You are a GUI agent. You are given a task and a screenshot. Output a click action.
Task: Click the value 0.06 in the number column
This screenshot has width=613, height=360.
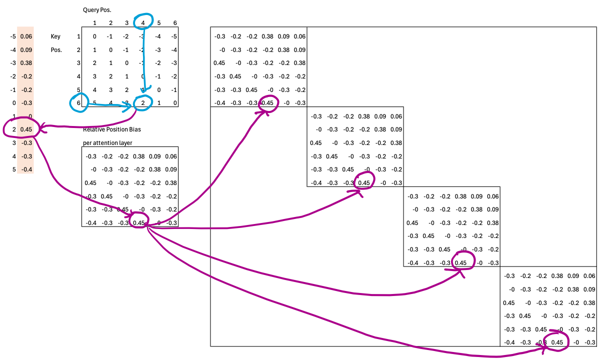click(x=26, y=36)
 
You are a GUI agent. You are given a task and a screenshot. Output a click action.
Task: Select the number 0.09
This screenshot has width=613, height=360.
click(x=26, y=50)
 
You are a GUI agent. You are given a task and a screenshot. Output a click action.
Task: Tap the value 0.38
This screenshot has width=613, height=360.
click(x=26, y=63)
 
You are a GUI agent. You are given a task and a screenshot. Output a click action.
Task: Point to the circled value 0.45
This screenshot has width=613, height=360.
click(x=26, y=129)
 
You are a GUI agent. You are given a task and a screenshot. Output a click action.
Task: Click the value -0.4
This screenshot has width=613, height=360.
click(x=27, y=169)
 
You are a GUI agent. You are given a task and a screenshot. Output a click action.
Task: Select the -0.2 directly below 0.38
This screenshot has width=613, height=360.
click(x=27, y=76)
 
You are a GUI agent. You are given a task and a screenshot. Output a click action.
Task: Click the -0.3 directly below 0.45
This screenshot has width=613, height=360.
click(x=27, y=143)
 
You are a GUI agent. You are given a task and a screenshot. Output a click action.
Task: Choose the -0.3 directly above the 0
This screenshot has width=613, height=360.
click(x=27, y=103)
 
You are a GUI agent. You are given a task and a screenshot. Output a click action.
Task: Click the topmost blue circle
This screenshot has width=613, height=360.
click(x=143, y=21)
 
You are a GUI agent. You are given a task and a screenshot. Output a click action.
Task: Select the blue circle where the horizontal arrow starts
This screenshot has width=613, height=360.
click(x=79, y=102)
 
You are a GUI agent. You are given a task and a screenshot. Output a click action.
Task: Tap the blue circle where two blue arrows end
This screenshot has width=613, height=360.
click(x=143, y=102)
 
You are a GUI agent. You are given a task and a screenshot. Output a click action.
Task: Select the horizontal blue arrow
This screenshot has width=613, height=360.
click(x=107, y=104)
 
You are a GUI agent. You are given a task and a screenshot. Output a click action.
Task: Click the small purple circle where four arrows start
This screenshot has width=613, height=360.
click(x=139, y=219)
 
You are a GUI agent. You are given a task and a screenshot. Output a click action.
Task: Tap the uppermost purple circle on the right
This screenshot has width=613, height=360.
click(x=268, y=103)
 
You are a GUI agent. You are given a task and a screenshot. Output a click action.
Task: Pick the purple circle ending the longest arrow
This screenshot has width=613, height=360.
click(x=556, y=342)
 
